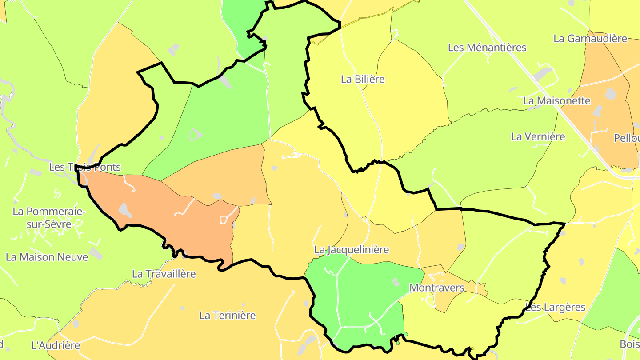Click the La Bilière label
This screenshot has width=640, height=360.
pos(363,79)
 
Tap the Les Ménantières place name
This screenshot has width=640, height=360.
pos(487,47)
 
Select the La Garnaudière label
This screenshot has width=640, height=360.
pos(590,38)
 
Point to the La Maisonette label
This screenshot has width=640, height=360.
pos(557,100)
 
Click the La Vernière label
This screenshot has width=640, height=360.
pos(538,136)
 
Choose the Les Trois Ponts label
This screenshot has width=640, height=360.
pos(85,167)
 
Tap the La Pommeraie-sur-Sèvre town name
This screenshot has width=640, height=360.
pos(49,218)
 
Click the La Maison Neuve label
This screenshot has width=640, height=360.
pos(47,257)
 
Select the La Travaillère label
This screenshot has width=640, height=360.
pos(164,274)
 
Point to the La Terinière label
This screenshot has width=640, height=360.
pos(228,316)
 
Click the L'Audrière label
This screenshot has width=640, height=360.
pos(56,345)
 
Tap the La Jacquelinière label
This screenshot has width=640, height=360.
pos(352,250)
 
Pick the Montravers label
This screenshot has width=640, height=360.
pos(437,288)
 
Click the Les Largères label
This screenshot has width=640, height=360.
pos(556,307)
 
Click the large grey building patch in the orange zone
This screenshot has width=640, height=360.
pos(125,210)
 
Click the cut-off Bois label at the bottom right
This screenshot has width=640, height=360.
pos(630,344)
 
